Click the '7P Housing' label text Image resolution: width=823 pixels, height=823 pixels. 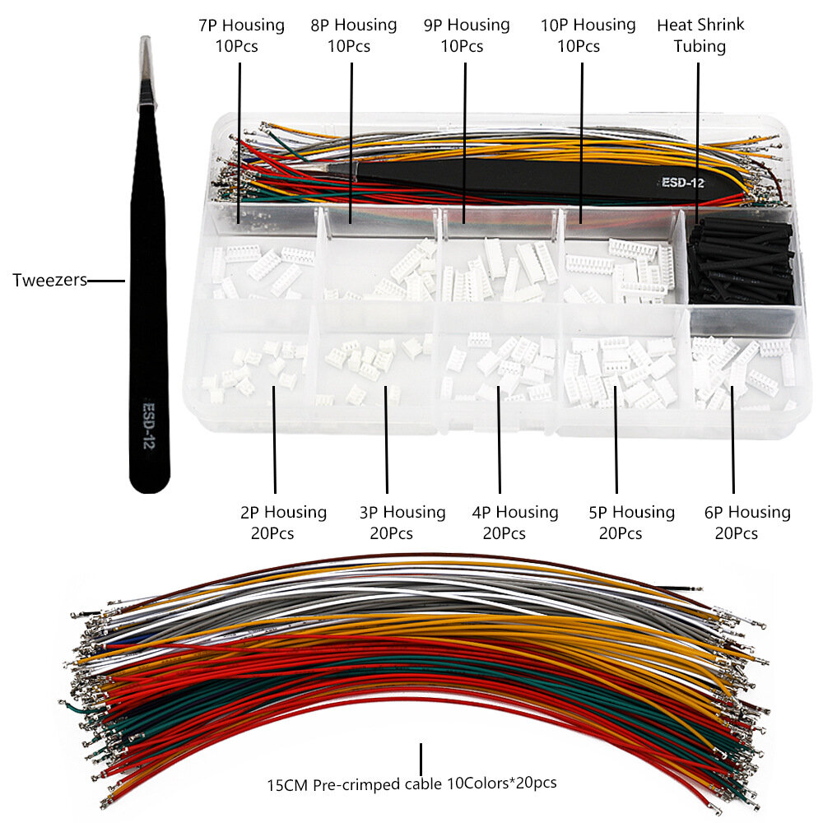point(241,26)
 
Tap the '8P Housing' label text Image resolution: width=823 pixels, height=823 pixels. point(353,26)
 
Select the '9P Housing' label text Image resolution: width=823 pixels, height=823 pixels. point(466,26)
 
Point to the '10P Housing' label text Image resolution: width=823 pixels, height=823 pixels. point(588,26)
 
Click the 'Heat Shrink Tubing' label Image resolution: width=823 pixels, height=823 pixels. point(700,35)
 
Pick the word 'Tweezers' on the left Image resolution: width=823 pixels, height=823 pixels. point(49,281)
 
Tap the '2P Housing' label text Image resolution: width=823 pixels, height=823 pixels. point(283,513)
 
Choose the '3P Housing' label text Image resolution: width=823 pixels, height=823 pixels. point(402,513)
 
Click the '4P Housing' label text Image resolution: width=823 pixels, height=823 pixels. point(514,513)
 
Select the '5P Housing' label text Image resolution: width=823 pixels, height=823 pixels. point(631,513)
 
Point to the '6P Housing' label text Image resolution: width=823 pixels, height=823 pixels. point(747,513)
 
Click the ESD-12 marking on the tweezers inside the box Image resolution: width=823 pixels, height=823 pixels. point(682,183)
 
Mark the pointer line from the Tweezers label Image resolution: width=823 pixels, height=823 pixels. point(105,281)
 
